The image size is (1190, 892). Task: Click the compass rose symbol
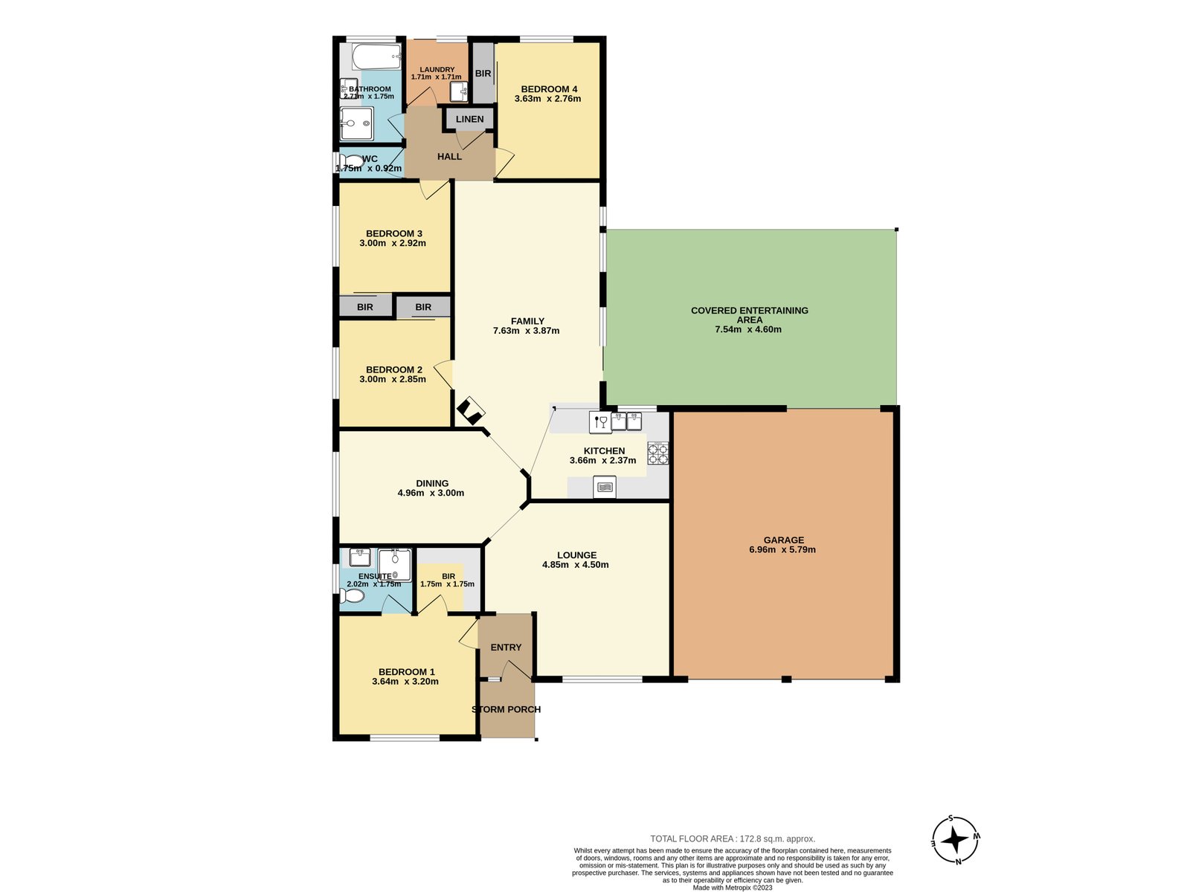click(955, 840)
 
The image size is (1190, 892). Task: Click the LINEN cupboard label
click(469, 119)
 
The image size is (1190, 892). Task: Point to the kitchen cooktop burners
click(657, 453)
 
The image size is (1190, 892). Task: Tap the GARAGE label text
click(783, 540)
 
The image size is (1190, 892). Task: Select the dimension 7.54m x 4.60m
click(748, 329)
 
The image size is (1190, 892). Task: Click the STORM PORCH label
click(506, 709)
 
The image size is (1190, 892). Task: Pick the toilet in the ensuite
click(354, 596)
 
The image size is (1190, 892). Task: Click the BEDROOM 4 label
click(549, 89)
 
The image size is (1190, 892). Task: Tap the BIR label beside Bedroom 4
click(483, 74)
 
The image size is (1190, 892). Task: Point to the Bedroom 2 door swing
click(444, 374)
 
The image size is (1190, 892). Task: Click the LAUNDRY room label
click(437, 69)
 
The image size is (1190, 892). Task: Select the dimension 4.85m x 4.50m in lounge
click(576, 565)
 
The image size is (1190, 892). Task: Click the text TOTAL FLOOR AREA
click(691, 838)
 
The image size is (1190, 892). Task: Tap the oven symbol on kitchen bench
click(605, 488)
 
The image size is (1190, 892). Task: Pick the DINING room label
click(432, 483)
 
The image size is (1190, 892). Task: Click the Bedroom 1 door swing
click(469, 633)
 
